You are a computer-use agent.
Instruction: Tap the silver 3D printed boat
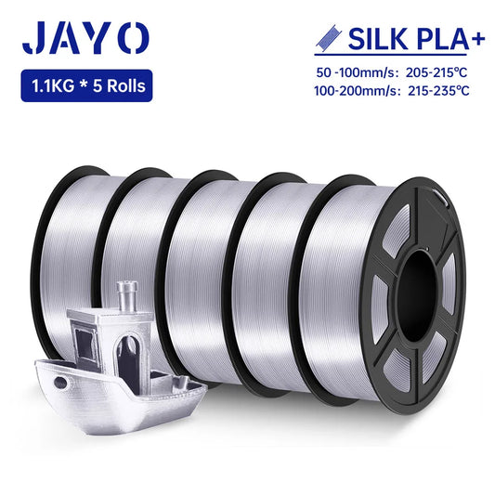pos(111,362)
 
